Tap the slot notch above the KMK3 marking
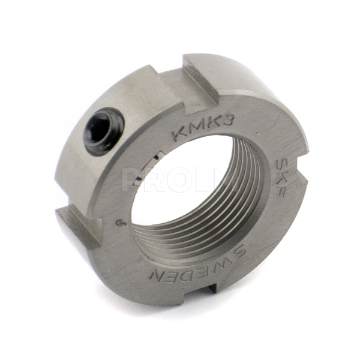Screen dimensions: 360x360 (199, 78)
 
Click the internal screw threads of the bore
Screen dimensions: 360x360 (240, 192)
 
